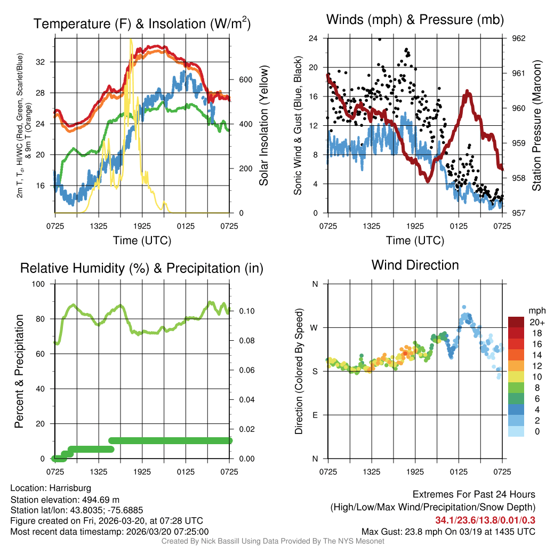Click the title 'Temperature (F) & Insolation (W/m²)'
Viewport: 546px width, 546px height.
(142, 23)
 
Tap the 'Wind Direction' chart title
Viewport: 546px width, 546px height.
(415, 264)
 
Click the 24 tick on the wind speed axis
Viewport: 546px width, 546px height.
(313, 38)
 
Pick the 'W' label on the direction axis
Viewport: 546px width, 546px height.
(315, 327)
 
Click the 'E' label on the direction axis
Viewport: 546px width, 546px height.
(315, 415)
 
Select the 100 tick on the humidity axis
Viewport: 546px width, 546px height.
(39, 284)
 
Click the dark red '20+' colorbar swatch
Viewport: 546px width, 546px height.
(516, 323)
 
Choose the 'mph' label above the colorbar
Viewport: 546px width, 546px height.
(535, 310)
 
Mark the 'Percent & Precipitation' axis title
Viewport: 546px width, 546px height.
(19, 371)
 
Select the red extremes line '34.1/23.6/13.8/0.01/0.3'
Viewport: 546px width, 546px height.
(485, 520)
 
